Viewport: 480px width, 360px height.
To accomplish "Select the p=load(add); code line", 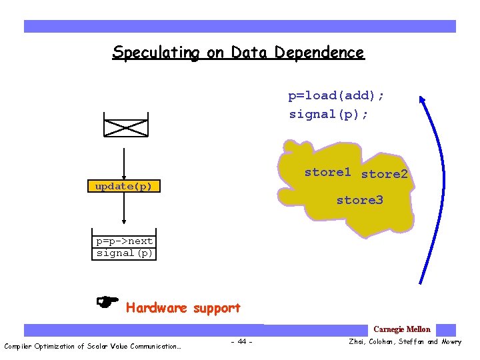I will click(336, 96).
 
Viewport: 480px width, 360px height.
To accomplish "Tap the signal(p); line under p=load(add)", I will click(328, 115).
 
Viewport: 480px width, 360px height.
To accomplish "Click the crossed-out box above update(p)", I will click(125, 125).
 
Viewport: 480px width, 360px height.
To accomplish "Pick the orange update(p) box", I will click(124, 186).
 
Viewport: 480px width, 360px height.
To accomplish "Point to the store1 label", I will click(327, 172).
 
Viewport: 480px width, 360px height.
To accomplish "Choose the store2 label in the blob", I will click(384, 175).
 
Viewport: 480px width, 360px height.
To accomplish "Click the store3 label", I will click(359, 200).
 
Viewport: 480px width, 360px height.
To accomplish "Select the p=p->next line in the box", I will click(124, 241).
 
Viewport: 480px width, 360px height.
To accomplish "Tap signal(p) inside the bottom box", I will click(125, 253).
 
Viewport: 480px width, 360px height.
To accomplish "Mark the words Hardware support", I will click(183, 308).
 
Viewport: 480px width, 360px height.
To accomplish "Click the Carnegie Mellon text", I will click(401, 329).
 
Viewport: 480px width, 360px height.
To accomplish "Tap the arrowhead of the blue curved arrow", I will click(422, 100).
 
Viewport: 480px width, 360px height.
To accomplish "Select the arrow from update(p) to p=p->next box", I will click(125, 212).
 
